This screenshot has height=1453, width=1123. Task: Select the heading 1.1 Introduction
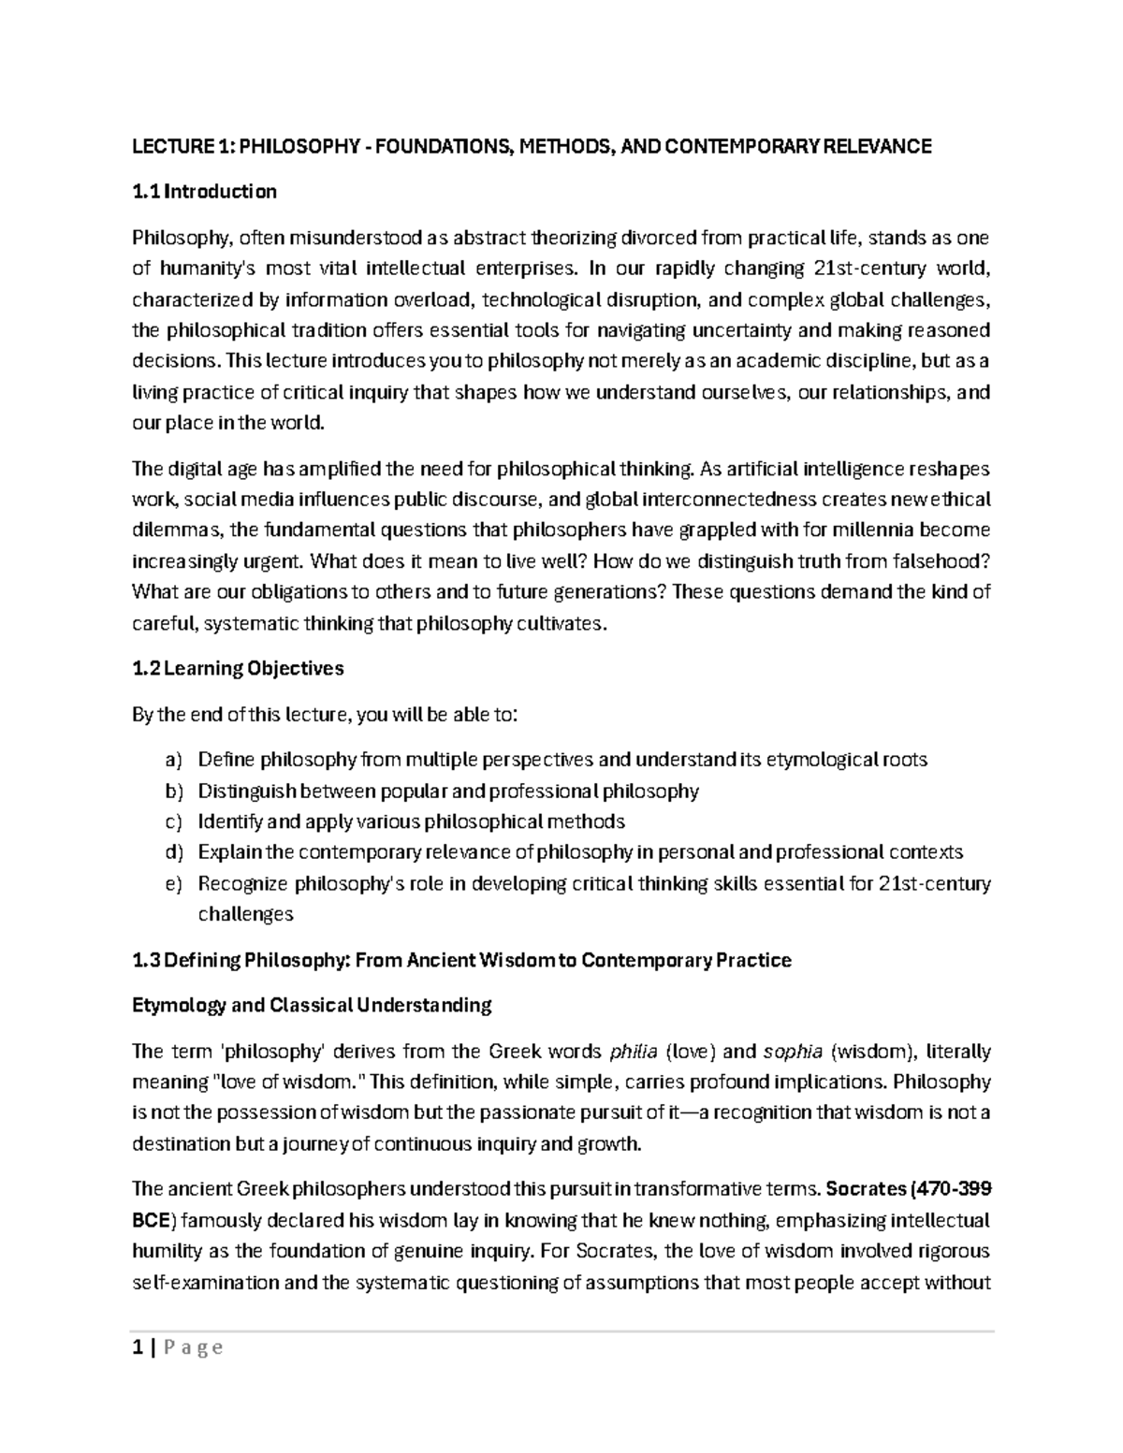coord(204,192)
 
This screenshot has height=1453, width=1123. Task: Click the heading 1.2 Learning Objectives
coord(238,669)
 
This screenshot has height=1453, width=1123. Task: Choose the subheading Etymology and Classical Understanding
coord(312,1006)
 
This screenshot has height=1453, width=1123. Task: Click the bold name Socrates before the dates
coord(864,1190)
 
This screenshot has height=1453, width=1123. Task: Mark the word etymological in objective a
coord(821,760)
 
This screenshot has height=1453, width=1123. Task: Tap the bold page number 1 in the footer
coord(138,1348)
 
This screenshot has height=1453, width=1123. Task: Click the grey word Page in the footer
coord(194,1348)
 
